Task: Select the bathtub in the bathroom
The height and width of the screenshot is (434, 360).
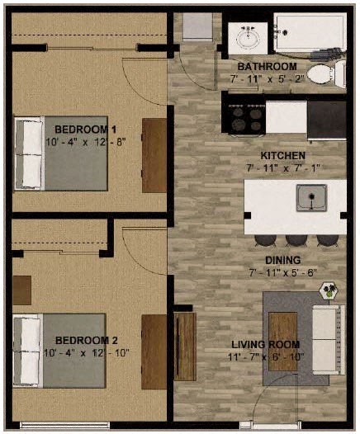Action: pos(309,33)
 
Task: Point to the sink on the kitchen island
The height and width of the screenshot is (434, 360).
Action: pos(311,197)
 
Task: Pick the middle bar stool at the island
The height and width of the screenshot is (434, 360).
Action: pos(296,240)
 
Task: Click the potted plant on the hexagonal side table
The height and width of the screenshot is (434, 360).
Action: pos(330,290)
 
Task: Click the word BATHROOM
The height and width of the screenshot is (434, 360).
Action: pos(267,66)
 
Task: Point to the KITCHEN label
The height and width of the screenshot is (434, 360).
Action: pos(283,155)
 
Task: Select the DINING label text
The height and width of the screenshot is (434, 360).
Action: pos(283,259)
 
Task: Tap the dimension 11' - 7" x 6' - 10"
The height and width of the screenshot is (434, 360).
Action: pos(266,356)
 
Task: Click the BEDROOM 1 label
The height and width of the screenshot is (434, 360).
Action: pos(86,129)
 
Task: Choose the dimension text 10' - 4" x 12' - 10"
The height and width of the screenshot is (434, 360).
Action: pos(86,353)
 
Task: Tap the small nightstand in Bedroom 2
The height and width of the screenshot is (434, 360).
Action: pos(21,290)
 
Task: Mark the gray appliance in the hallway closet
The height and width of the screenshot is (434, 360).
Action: pos(197,26)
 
